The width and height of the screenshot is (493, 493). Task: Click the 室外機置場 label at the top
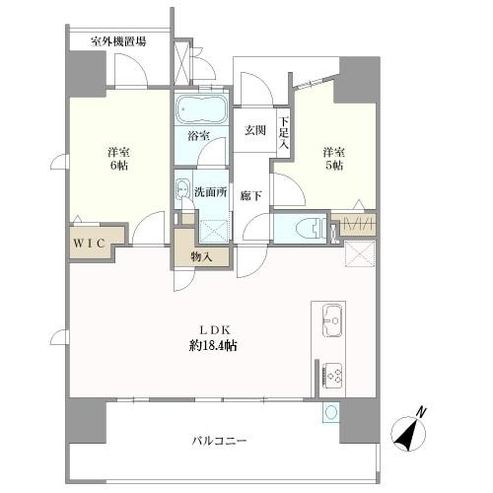(118, 41)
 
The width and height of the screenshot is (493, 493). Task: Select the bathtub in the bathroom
(201, 108)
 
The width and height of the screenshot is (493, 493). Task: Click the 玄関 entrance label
(256, 129)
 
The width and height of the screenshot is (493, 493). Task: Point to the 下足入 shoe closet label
(283, 132)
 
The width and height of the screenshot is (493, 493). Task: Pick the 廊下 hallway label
(251, 195)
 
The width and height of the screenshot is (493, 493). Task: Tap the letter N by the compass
(420, 412)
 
